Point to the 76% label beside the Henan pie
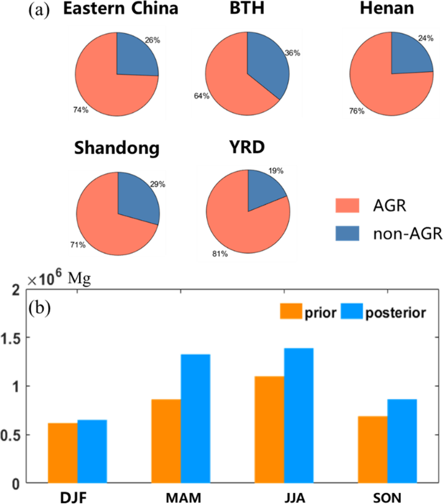356,111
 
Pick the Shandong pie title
117,148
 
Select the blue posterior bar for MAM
195,418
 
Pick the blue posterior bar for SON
402,441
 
